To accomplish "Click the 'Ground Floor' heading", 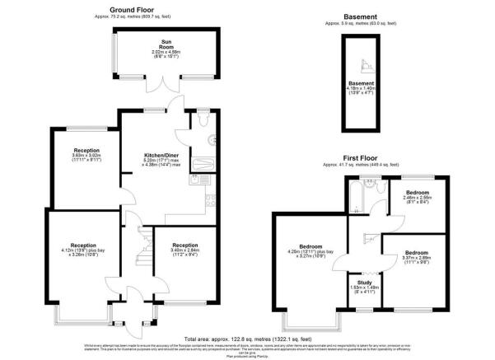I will click(134, 9).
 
